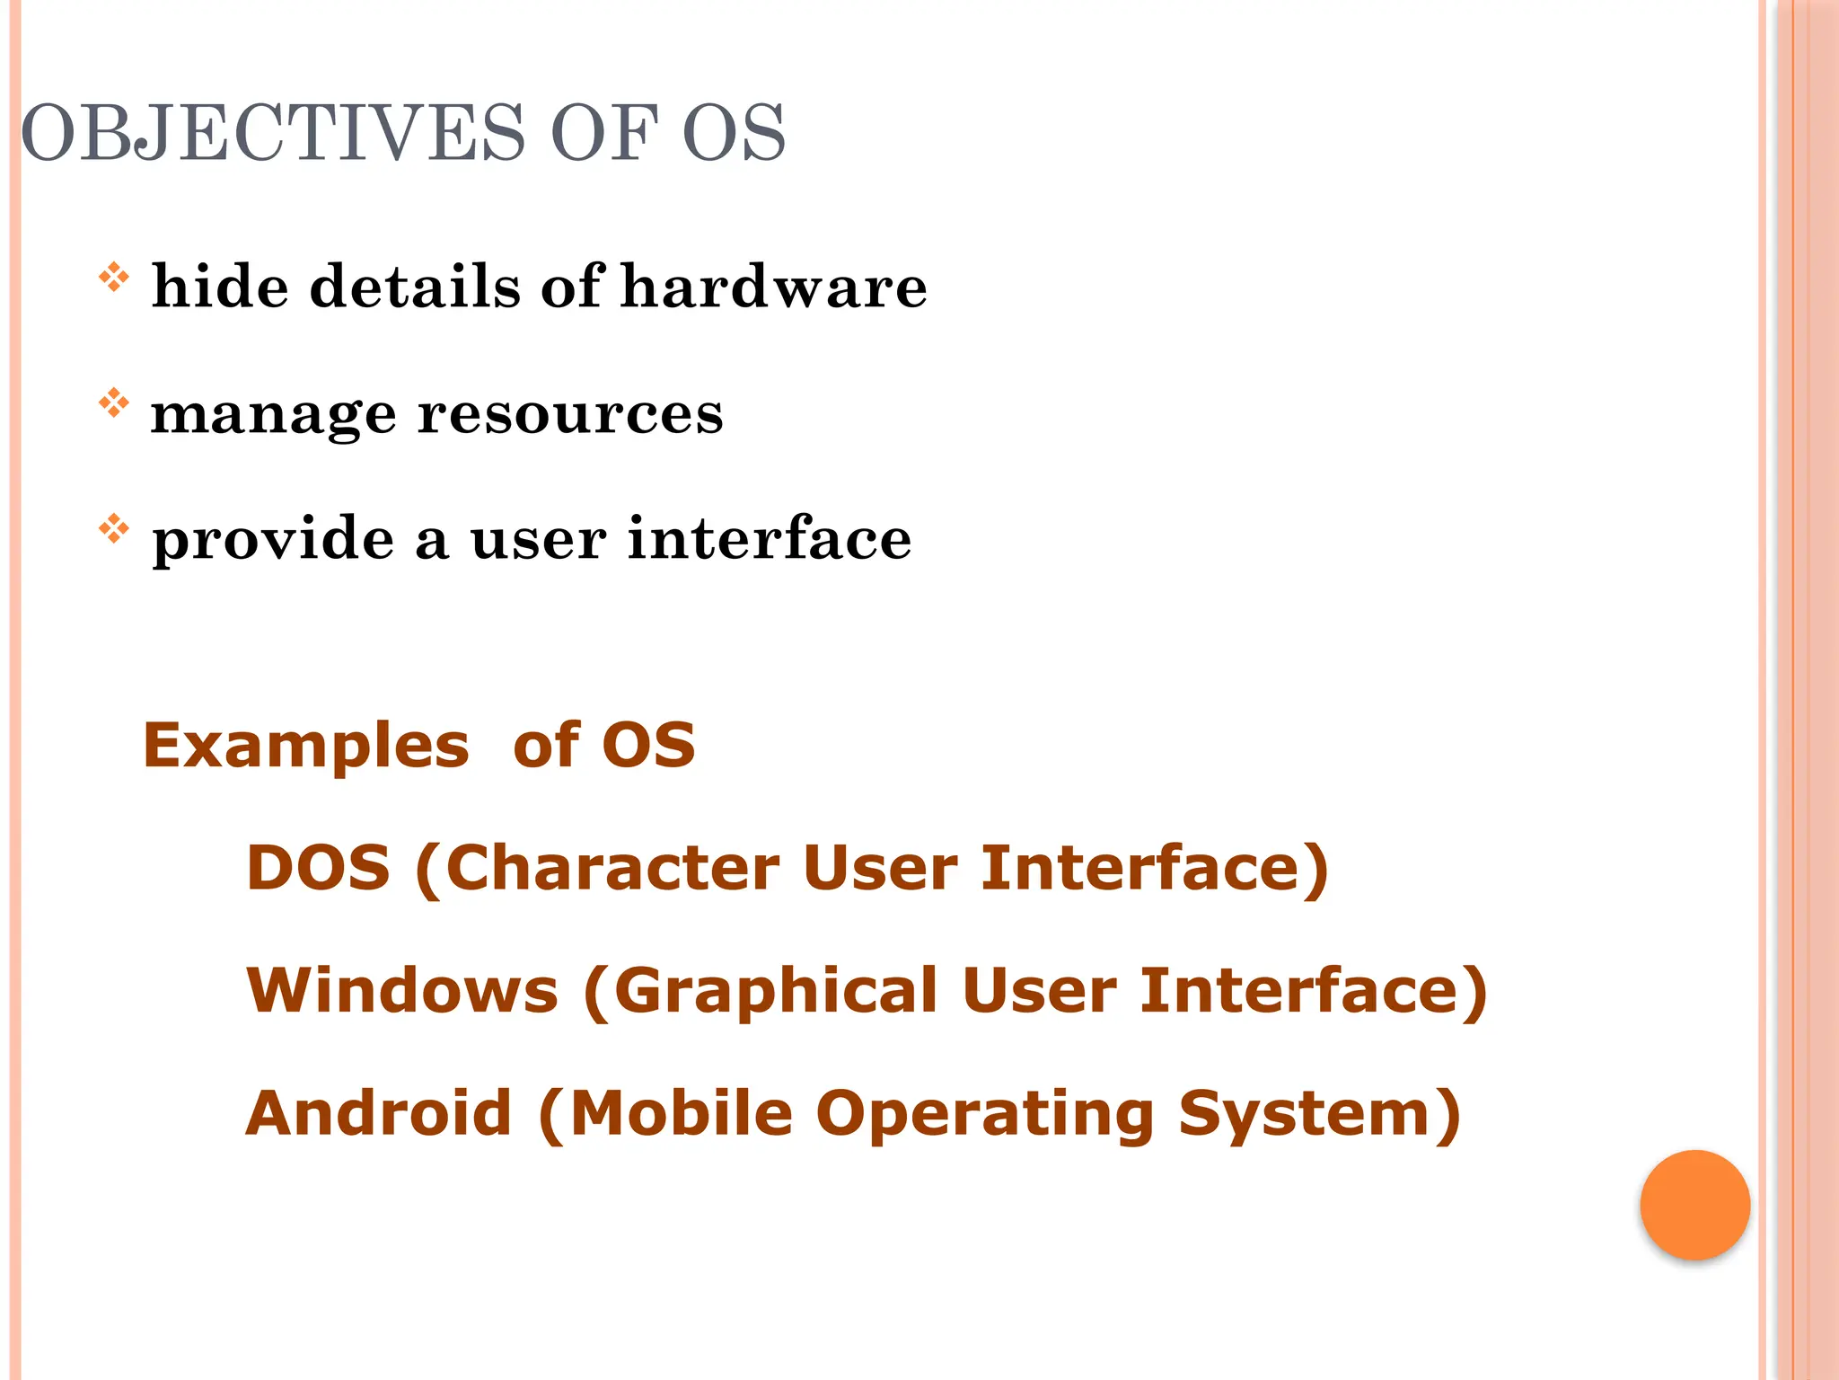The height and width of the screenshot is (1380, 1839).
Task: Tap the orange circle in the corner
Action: point(1694,1205)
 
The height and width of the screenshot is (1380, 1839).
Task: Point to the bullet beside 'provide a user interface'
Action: point(114,528)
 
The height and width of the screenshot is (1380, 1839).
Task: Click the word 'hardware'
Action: point(774,287)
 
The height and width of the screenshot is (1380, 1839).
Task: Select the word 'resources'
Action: point(571,414)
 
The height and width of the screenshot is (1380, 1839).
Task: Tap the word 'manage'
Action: point(273,416)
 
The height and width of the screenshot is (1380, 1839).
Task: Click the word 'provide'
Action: point(273,540)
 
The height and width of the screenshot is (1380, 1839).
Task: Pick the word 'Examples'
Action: point(306,746)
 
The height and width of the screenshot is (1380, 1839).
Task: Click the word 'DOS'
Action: point(318,868)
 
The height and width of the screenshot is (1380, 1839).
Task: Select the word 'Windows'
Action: point(402,990)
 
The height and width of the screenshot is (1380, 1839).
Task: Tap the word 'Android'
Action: point(379,1113)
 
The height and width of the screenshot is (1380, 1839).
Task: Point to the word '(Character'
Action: point(597,869)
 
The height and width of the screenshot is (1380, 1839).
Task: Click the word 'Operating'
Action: point(985,1115)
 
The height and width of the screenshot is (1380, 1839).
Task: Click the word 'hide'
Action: point(220,287)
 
